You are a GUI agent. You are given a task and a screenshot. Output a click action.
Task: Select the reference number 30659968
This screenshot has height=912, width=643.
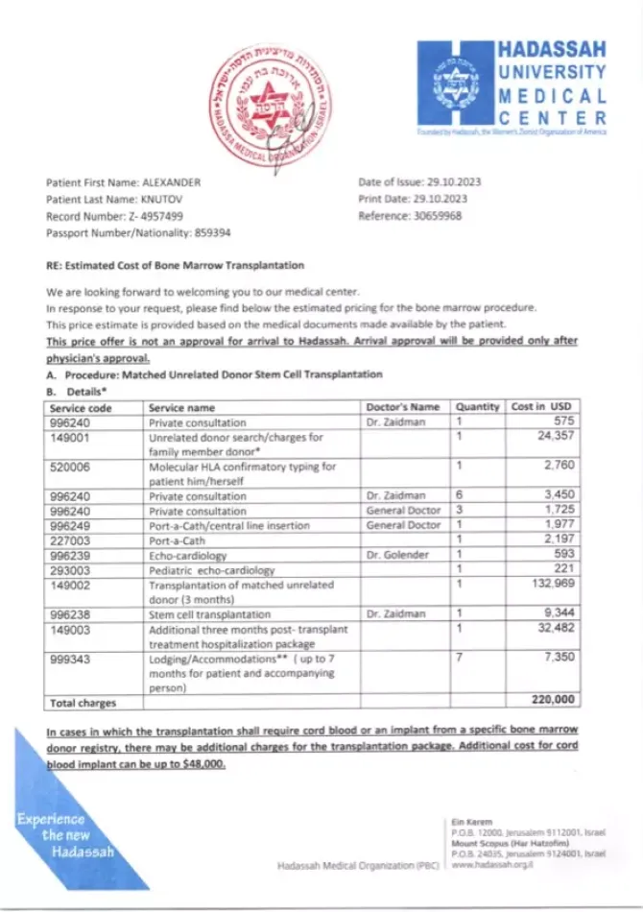pyautogui.click(x=437, y=216)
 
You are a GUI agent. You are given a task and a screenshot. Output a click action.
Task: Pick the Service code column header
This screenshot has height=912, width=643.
pyautogui.click(x=82, y=407)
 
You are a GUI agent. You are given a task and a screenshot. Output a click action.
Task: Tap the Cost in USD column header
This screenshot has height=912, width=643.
pyautogui.click(x=541, y=407)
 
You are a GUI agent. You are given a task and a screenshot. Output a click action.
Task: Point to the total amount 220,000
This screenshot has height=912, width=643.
pyautogui.click(x=552, y=702)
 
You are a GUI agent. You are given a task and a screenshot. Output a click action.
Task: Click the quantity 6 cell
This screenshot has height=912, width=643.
pyautogui.click(x=460, y=496)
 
